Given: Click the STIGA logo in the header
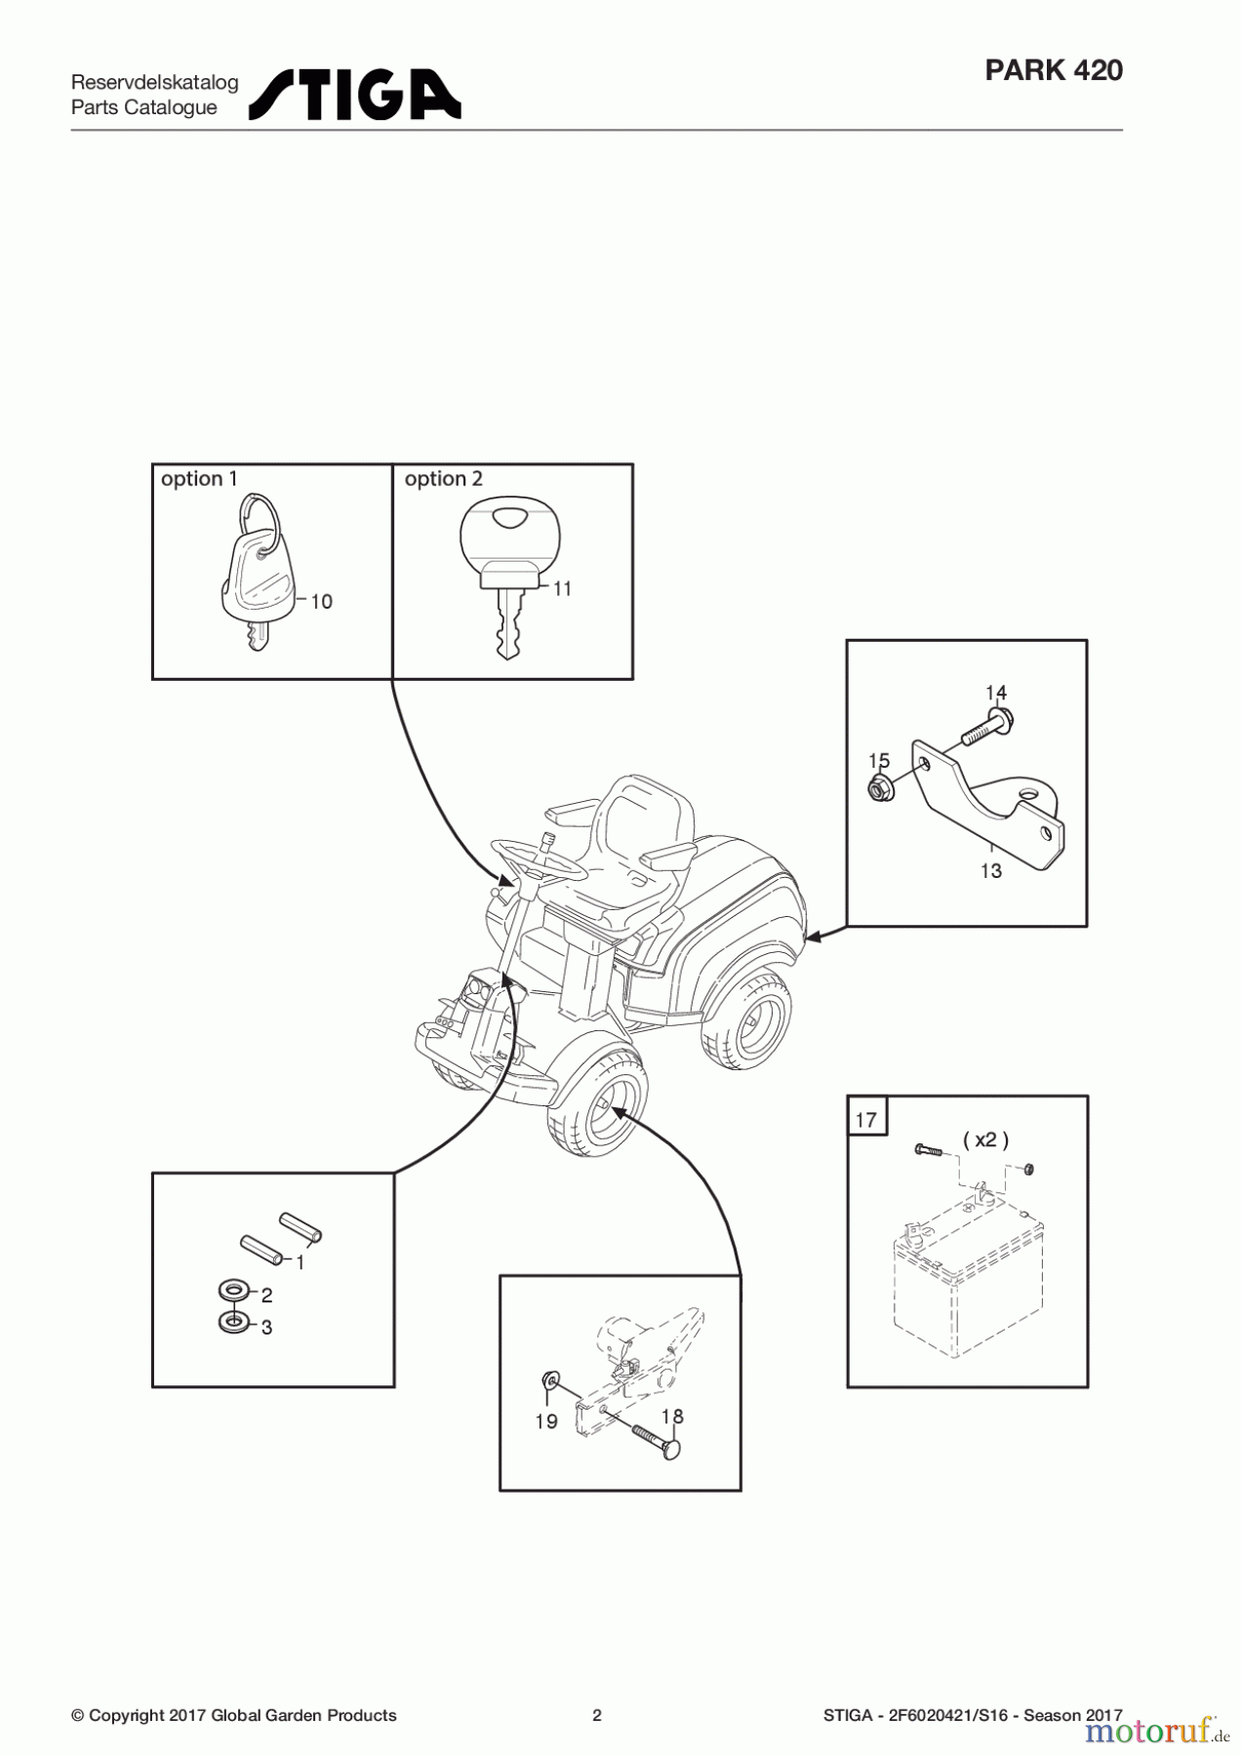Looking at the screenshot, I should pyautogui.click(x=354, y=95).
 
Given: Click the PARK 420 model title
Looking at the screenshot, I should pyautogui.click(x=1054, y=70).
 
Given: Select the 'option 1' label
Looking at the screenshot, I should pyautogui.click(x=199, y=479).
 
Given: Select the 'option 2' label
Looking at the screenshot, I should pyautogui.click(x=443, y=479).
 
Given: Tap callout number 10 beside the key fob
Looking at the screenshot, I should pyautogui.click(x=321, y=602).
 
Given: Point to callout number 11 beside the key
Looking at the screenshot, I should pyautogui.click(x=562, y=589).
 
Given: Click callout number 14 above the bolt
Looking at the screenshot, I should pyautogui.click(x=995, y=694).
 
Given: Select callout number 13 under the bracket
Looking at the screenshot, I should pyautogui.click(x=991, y=870).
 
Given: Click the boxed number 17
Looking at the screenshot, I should pyautogui.click(x=866, y=1120).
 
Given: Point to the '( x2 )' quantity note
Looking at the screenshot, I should pyautogui.click(x=985, y=1139).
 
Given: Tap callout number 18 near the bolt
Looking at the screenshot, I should pyautogui.click(x=672, y=1417).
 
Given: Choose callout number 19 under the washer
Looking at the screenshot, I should pyautogui.click(x=546, y=1421).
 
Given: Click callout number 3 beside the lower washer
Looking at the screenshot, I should pyautogui.click(x=266, y=1328).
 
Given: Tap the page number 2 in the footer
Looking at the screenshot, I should pyautogui.click(x=597, y=1715).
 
